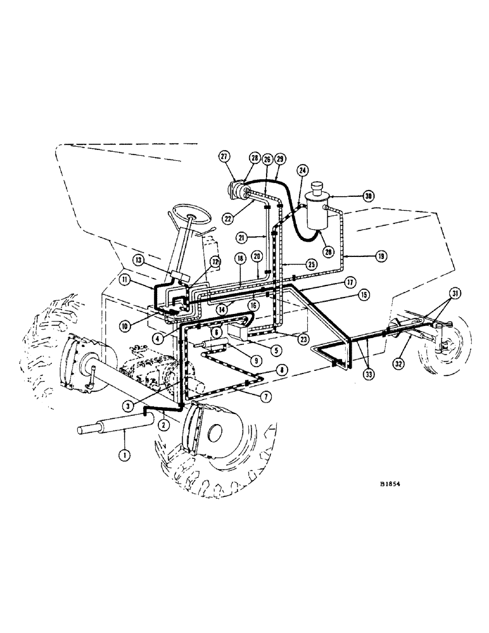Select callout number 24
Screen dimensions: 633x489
point(303,170)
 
